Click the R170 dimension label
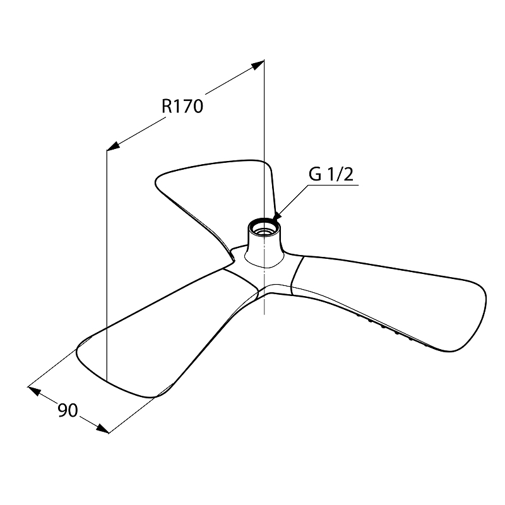(x=182, y=106)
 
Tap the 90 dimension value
(x=68, y=410)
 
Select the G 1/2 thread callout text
(x=331, y=174)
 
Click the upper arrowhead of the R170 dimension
(x=258, y=65)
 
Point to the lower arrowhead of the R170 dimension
(x=114, y=146)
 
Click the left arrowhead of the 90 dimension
(x=35, y=391)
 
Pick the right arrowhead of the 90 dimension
(x=102, y=429)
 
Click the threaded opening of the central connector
(x=264, y=226)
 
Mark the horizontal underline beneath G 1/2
(x=333, y=185)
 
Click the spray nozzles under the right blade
(x=391, y=331)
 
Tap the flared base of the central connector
(x=264, y=258)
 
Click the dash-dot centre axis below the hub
(x=264, y=290)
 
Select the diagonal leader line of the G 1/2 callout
(x=292, y=201)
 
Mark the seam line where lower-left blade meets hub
(x=242, y=278)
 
